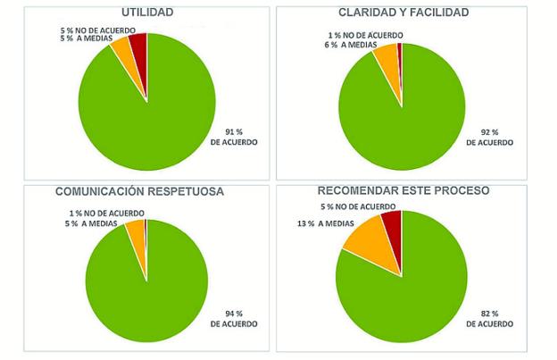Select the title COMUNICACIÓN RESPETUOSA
pos(140,191)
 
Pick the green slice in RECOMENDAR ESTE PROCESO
pos(406,290)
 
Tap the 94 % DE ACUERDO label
pos(232,319)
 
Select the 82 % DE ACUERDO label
pos(490,319)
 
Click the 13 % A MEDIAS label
pos(320,223)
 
